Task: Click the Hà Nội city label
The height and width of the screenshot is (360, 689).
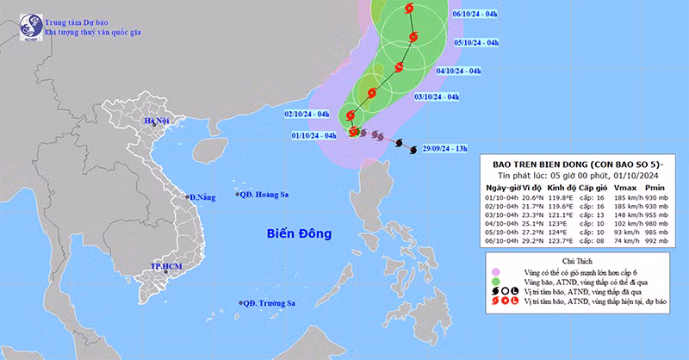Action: point(157,121)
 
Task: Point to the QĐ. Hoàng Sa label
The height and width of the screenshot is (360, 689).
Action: point(264,195)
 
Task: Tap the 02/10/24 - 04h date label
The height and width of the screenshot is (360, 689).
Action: point(306,114)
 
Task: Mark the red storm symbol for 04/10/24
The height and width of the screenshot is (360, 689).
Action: point(400,66)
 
